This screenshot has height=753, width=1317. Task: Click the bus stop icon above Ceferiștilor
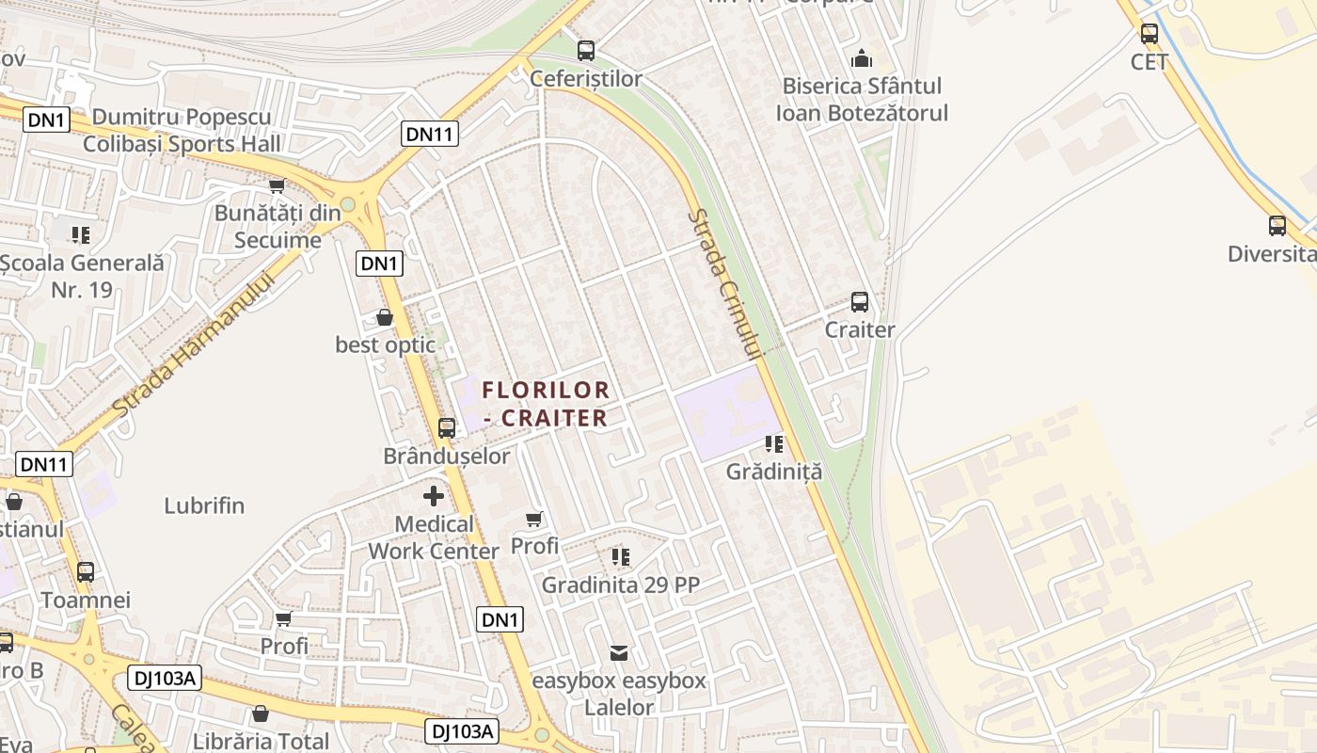(x=586, y=50)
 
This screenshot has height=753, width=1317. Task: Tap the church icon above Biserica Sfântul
(x=861, y=58)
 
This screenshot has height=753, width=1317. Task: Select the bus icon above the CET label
(x=1150, y=34)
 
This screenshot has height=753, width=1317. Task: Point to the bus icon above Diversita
(x=1277, y=226)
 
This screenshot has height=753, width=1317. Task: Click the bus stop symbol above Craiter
(x=860, y=302)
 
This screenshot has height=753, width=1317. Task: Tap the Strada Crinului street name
(x=722, y=283)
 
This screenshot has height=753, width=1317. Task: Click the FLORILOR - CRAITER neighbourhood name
(x=546, y=403)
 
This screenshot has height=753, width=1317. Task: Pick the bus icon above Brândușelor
(x=447, y=428)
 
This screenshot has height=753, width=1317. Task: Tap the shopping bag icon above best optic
(x=385, y=317)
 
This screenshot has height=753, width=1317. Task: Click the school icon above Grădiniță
(x=774, y=443)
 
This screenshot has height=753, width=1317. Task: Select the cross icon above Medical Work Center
(x=434, y=496)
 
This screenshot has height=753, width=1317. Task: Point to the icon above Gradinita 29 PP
(x=620, y=557)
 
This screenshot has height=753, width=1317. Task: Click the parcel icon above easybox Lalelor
(x=619, y=652)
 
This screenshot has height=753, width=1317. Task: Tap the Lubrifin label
(x=204, y=505)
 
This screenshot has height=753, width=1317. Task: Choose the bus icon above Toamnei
(x=86, y=571)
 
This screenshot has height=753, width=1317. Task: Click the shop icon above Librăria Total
(x=261, y=713)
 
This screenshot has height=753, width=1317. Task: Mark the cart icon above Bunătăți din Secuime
(x=277, y=185)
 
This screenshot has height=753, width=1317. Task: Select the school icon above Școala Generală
(x=81, y=233)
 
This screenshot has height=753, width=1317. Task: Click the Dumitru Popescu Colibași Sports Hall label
(x=182, y=130)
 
